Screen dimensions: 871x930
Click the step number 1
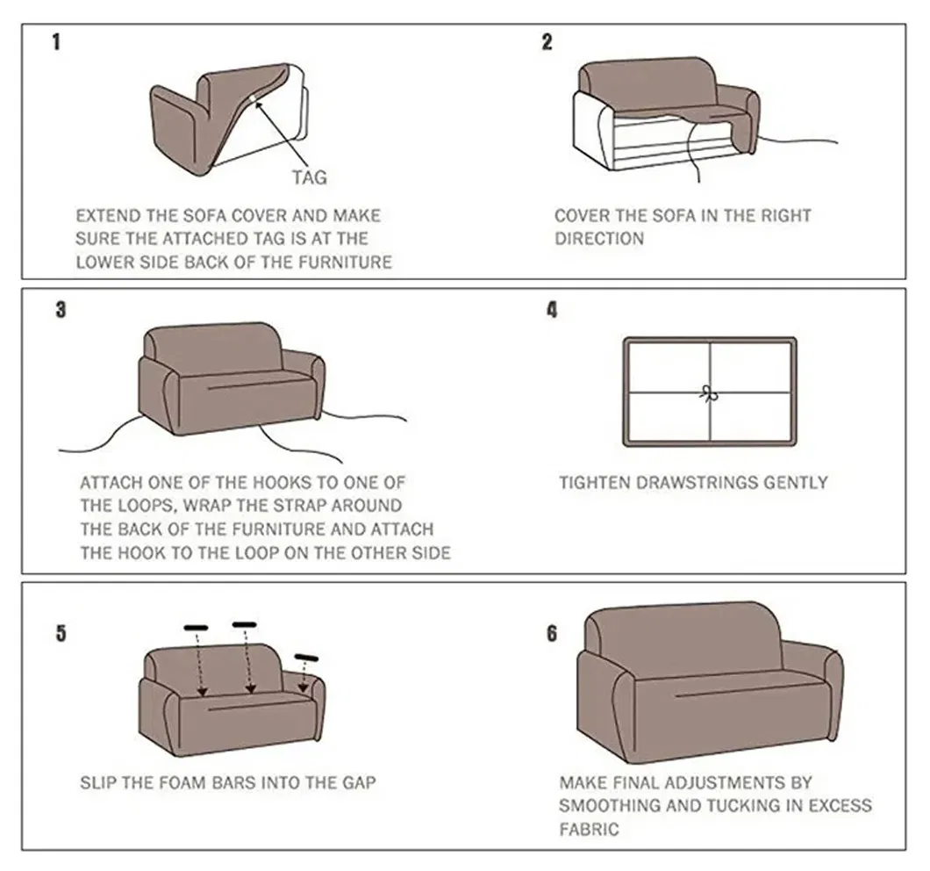tap(57, 42)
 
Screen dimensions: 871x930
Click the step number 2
tap(547, 42)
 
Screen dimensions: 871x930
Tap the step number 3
tap(60, 311)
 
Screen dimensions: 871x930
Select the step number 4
tap(552, 311)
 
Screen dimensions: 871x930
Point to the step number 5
tap(60, 633)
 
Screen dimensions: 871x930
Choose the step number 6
tap(552, 633)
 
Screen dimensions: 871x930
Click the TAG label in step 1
tap(310, 177)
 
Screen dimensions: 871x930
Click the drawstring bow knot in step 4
tap(709, 392)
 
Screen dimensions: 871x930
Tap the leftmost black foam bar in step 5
tap(196, 628)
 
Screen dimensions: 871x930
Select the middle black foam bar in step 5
tap(244, 624)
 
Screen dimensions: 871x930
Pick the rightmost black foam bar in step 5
tap(307, 658)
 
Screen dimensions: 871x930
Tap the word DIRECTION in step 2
tap(600, 239)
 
